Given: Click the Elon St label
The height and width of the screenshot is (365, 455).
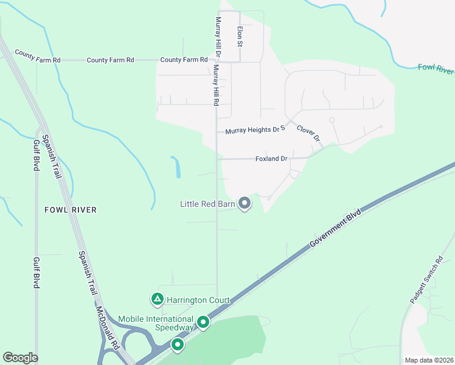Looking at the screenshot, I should tap(240, 36).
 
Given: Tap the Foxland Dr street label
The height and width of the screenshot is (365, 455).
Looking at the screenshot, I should tap(271, 159).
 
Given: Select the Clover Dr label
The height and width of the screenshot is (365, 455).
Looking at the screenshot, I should tap(308, 134).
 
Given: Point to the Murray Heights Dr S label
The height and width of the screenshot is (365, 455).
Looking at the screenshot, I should tap(255, 130).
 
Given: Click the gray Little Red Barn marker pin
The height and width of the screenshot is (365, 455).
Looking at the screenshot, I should tap(245, 203).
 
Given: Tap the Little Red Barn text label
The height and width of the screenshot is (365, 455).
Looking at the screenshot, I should tap(207, 204).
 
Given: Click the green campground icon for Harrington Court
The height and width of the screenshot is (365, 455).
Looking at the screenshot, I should tap(158, 299).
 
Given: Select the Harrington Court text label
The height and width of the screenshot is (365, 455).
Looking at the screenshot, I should tap(198, 300).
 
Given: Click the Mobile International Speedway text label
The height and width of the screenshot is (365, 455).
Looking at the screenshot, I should tap(156, 323).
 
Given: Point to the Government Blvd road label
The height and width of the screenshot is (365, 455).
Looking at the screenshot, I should tap(335, 229).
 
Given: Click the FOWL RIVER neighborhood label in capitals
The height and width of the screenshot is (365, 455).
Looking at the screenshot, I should tap(71, 210).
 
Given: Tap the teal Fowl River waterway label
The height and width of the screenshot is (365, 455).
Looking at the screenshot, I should tap(436, 67).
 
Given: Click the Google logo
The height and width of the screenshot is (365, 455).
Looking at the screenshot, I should tap(20, 358).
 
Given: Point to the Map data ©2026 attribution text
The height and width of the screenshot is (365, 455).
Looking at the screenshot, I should tap(428, 360).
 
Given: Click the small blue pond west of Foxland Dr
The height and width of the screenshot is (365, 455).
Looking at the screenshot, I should tap(176, 167).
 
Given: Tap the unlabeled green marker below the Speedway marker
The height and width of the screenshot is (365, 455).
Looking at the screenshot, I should tap(178, 345).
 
